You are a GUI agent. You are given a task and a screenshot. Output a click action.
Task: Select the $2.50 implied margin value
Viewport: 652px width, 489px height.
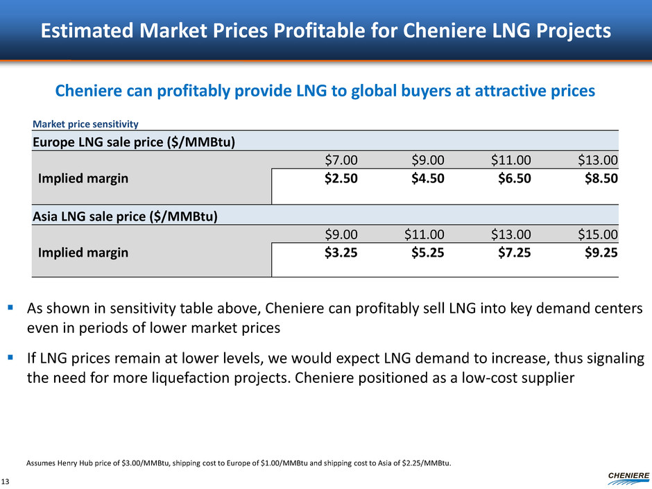pyautogui.click(x=341, y=178)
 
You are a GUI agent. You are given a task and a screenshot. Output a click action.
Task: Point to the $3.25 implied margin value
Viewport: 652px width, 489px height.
pyautogui.click(x=341, y=252)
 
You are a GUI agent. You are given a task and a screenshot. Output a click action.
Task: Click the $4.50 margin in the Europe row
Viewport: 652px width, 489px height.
pyautogui.click(x=427, y=178)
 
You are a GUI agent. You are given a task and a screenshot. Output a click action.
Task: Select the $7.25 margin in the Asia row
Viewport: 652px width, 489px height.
pyautogui.click(x=514, y=252)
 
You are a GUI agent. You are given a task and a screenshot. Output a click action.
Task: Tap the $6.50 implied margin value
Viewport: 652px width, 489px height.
pyautogui.click(x=514, y=178)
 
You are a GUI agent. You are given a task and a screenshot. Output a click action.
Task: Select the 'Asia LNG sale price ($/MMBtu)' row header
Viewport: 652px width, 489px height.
pyautogui.click(x=125, y=216)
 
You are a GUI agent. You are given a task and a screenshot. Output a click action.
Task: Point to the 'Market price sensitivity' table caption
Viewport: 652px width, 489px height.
pyautogui.click(x=85, y=124)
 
